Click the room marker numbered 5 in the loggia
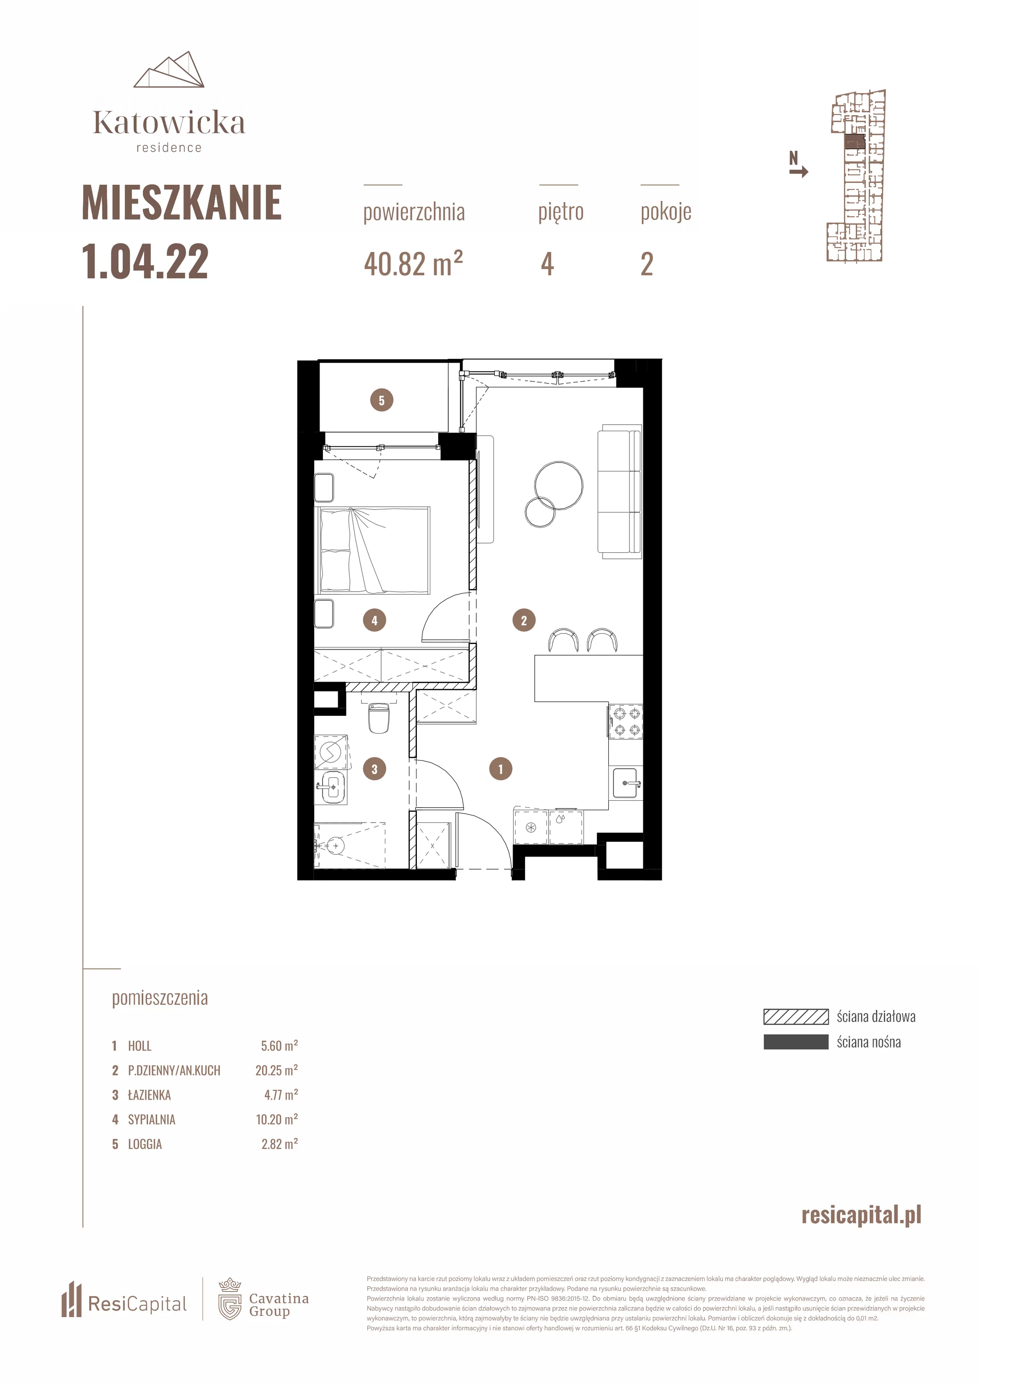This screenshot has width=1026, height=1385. (381, 400)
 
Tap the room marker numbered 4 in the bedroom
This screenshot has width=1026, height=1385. (374, 620)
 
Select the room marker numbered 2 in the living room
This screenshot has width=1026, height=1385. (523, 620)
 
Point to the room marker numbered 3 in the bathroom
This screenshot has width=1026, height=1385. (374, 769)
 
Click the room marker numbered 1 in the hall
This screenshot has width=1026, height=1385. (500, 769)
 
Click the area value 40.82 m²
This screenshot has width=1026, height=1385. (413, 264)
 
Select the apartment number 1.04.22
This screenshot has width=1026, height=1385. (145, 261)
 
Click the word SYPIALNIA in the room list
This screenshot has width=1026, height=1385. (152, 1119)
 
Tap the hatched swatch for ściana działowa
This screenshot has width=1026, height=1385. (796, 1016)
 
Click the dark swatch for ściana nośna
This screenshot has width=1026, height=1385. (796, 1042)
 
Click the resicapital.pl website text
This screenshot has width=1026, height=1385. (861, 1215)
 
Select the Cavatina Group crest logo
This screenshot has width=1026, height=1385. (230, 1299)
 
